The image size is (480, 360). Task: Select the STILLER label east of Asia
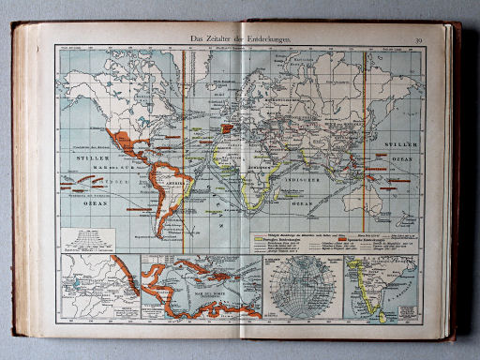click(x=402, y=147)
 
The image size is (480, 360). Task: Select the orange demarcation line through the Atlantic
click(x=184, y=141)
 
